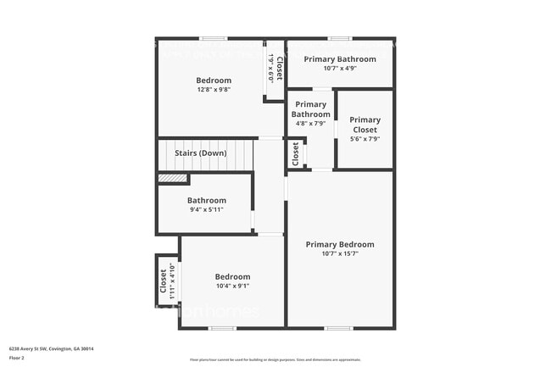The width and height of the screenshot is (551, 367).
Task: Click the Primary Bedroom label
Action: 340,244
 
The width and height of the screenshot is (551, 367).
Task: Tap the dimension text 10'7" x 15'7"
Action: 340,253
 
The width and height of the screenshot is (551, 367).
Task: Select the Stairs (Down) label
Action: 200,153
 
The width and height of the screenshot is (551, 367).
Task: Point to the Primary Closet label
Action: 365,125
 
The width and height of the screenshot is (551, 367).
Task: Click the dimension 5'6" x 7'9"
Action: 365,139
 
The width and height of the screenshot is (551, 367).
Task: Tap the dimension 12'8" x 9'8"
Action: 214,89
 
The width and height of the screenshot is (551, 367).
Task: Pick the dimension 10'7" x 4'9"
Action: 340,69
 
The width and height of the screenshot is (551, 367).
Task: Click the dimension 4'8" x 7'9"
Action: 310,124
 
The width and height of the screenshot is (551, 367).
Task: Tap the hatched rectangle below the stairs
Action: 173,178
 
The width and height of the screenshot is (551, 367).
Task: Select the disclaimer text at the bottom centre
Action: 275,360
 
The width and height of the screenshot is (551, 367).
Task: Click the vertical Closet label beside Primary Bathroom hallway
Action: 295,153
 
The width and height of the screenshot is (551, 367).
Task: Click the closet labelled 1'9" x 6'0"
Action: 275,68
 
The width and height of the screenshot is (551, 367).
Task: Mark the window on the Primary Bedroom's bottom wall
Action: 339,328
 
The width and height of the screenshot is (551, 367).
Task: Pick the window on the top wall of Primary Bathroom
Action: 340,38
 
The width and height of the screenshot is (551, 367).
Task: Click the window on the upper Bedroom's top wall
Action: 214,38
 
